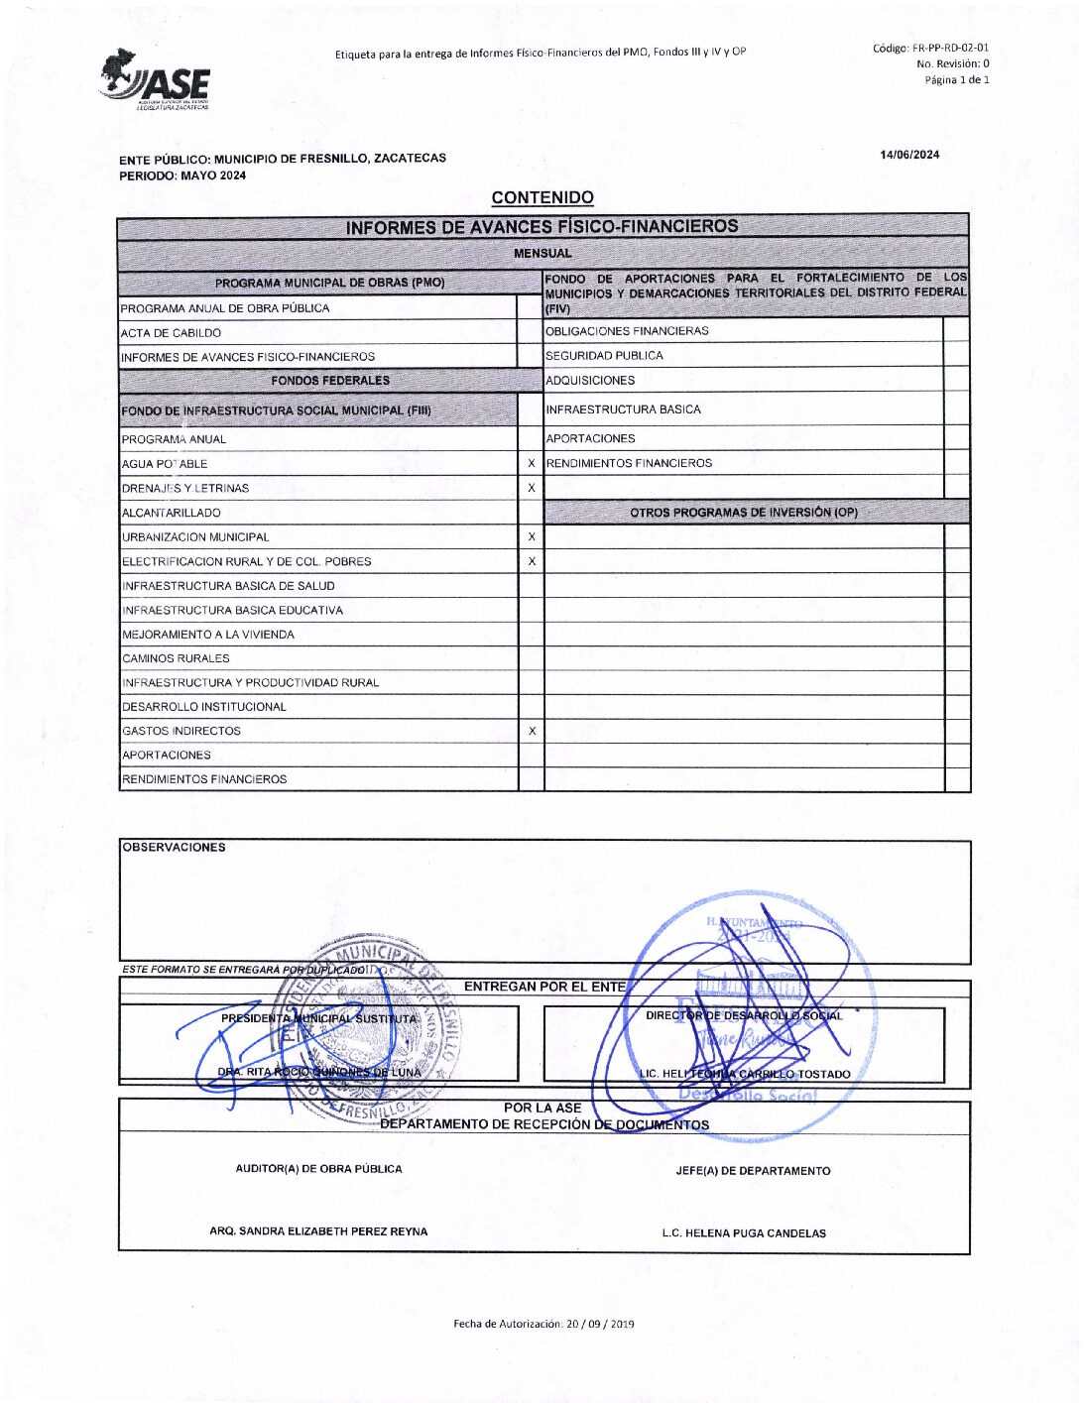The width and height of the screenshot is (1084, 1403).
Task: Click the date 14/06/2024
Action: pyautogui.click(x=909, y=155)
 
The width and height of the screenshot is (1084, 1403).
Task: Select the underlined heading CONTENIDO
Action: pyautogui.click(x=542, y=197)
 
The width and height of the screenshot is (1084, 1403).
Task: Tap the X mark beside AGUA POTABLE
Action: pyautogui.click(x=532, y=463)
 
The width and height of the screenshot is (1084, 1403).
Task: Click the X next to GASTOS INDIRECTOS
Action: pyautogui.click(x=532, y=731)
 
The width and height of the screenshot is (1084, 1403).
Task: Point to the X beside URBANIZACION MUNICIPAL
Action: pyautogui.click(x=532, y=536)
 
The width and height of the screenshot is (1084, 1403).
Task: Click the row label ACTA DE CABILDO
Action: pyautogui.click(x=172, y=333)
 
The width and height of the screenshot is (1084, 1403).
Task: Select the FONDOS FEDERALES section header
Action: pyautogui.click(x=330, y=381)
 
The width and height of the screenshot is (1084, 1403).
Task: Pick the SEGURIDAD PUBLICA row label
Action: pyautogui.click(x=604, y=356)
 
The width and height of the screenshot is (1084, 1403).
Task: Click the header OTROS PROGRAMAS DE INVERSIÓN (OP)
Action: pyautogui.click(x=744, y=513)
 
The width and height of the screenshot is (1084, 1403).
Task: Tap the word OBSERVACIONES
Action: pyautogui.click(x=174, y=848)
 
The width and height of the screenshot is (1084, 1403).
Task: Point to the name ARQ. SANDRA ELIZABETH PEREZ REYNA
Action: pyautogui.click(x=318, y=1231)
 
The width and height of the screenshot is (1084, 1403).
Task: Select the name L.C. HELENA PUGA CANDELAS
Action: pyautogui.click(x=744, y=1233)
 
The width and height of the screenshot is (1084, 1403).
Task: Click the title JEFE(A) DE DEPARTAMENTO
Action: pyautogui.click(x=753, y=1171)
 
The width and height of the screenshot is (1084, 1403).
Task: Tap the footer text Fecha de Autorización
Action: pyautogui.click(x=543, y=1324)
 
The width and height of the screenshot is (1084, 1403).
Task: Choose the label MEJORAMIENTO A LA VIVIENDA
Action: pyautogui.click(x=208, y=635)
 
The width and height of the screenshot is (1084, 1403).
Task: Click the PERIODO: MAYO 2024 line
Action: pyautogui.click(x=182, y=175)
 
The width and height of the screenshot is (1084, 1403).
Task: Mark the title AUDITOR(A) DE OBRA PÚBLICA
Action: pyautogui.click(x=318, y=1169)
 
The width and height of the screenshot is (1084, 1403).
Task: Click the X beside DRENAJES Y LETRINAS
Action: pyautogui.click(x=532, y=488)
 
